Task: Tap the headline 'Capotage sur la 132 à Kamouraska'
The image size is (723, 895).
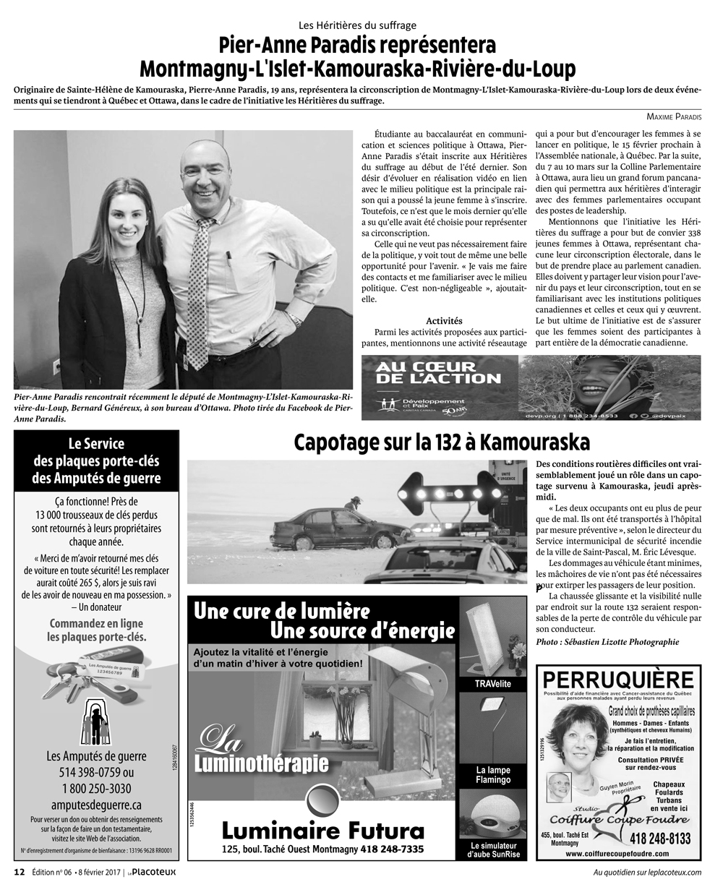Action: pyautogui.click(x=442, y=442)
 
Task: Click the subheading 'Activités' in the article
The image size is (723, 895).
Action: pyautogui.click(x=444, y=320)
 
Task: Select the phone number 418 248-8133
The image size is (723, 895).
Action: pyautogui.click(x=660, y=839)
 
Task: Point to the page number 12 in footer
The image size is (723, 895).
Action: pyautogui.click(x=20, y=872)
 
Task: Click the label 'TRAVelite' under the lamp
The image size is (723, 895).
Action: pyautogui.click(x=492, y=684)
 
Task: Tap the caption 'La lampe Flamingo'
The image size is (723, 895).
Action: pyautogui.click(x=492, y=775)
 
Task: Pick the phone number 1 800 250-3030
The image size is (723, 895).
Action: pyautogui.click(x=96, y=788)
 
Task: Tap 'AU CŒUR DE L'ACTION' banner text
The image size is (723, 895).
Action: pyautogui.click(x=437, y=372)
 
